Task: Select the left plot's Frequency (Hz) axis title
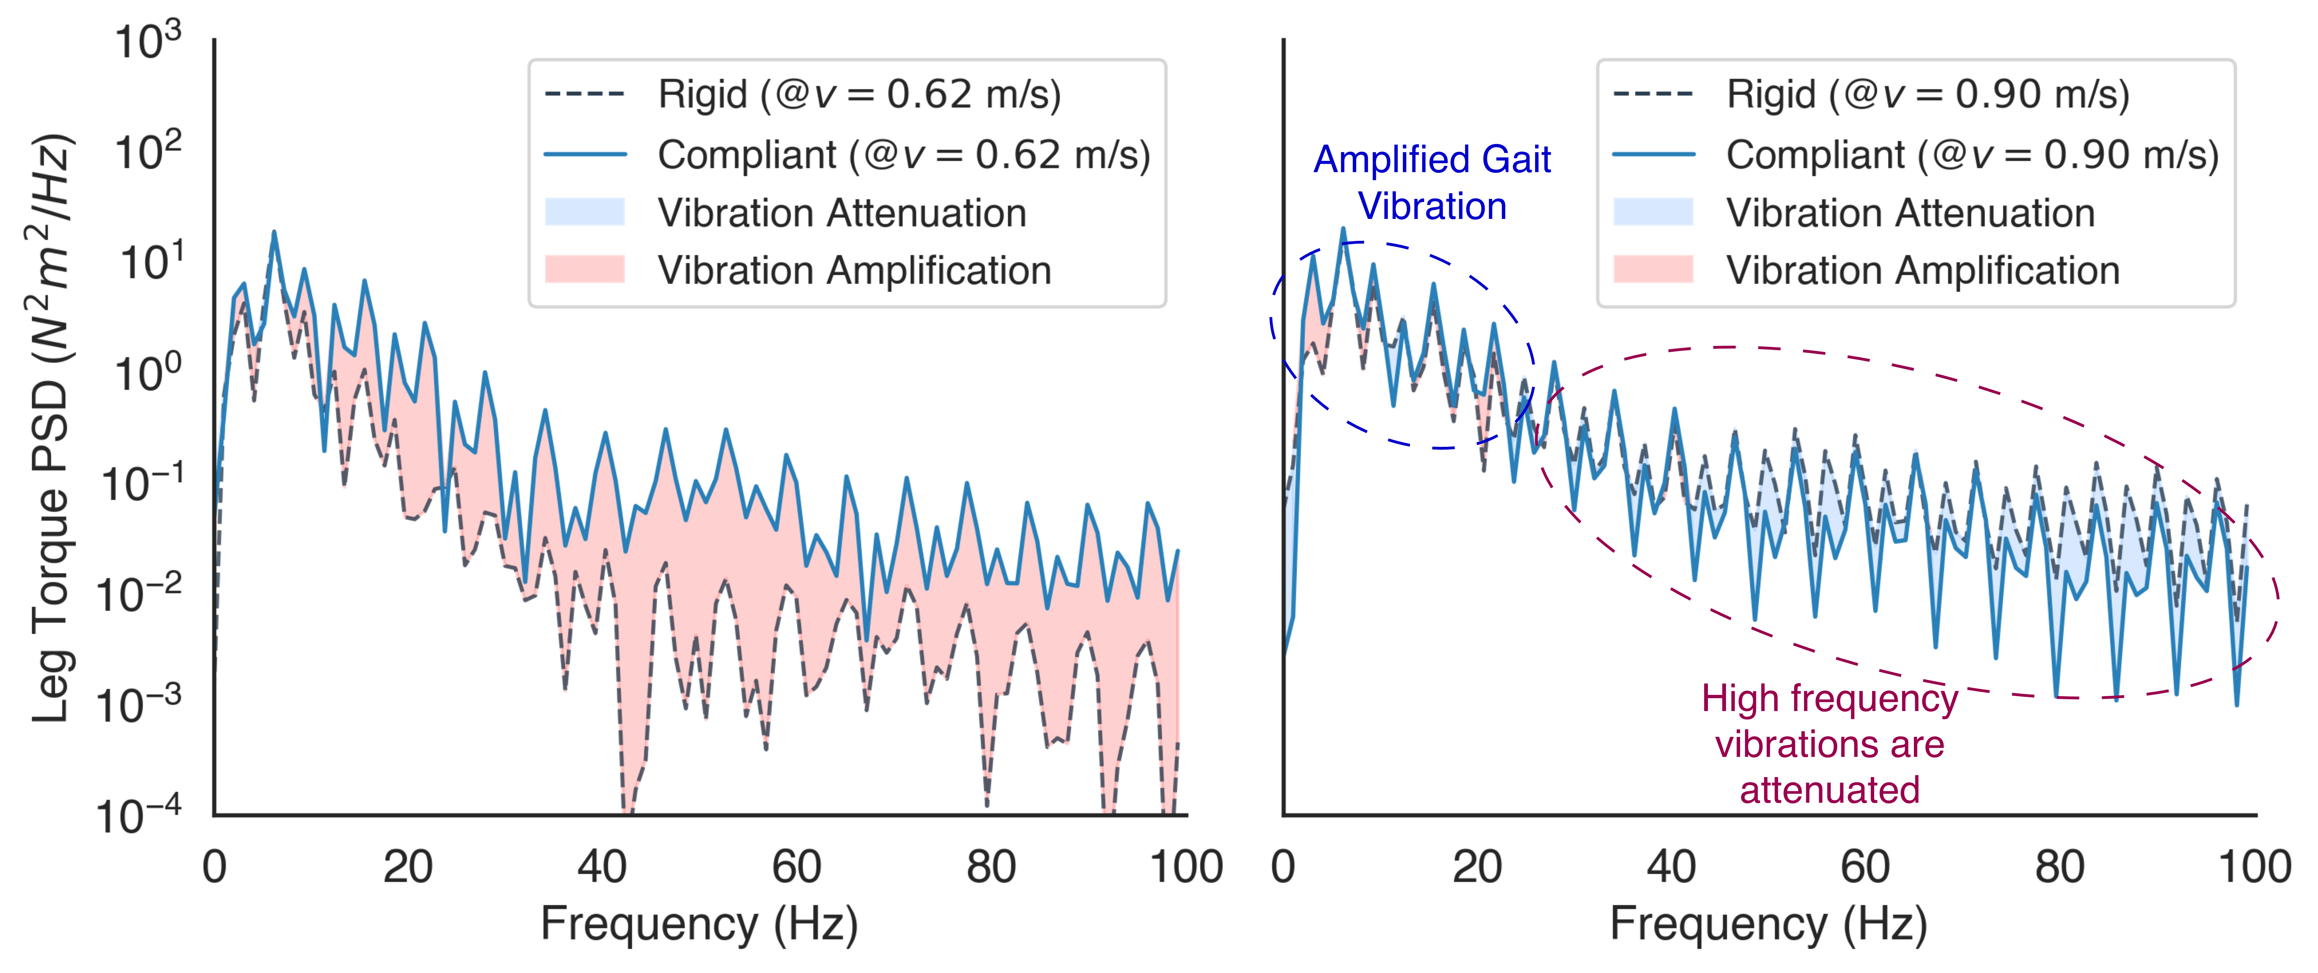(699, 923)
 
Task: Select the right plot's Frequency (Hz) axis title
(1768, 923)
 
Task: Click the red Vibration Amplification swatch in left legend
(585, 270)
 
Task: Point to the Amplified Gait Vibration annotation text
(1432, 182)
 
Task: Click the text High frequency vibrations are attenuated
(1829, 744)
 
